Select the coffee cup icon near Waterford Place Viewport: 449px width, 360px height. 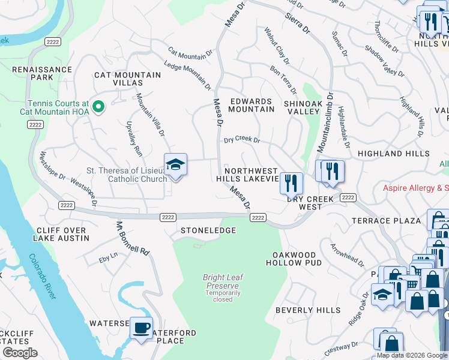(141, 328)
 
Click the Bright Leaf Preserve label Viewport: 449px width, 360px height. (223, 282)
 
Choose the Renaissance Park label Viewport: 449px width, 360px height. (42, 73)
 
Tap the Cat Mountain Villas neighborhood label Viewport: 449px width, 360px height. (127, 79)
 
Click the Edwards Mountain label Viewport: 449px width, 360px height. (252, 106)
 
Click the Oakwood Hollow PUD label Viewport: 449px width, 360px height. (294, 258)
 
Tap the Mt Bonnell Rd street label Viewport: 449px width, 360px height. (132, 240)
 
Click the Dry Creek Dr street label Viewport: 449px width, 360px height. (241, 140)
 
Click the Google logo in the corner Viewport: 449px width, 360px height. (20, 353)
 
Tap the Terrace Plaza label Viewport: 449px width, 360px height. (387, 221)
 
